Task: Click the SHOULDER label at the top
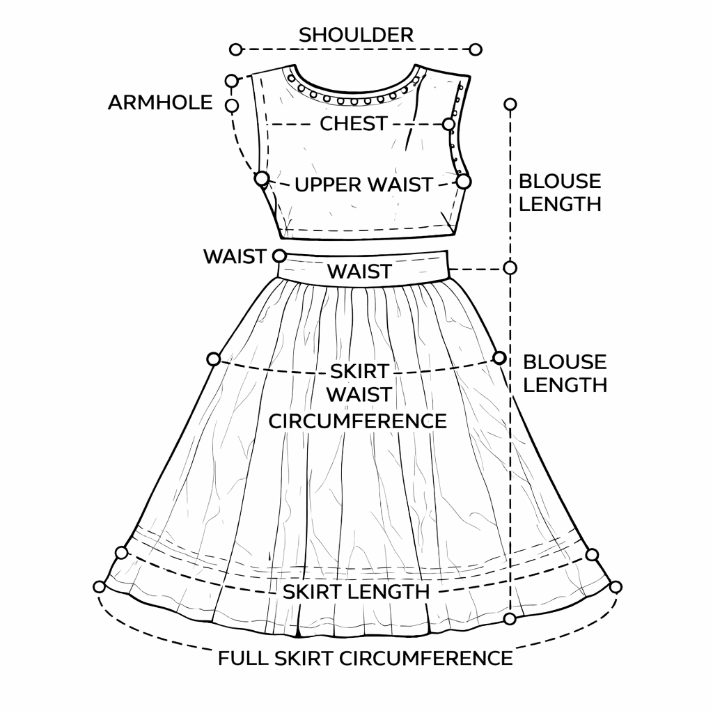[x=356, y=34]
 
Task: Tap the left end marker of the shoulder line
[x=235, y=49]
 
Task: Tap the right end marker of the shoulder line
[x=476, y=49]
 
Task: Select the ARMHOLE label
[x=160, y=103]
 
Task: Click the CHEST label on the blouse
[x=353, y=124]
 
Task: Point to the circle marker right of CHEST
[x=448, y=124]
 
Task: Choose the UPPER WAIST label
[x=363, y=185]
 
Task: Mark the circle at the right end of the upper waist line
[x=464, y=181]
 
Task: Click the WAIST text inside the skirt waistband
[x=359, y=272]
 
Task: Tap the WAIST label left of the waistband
[x=234, y=256]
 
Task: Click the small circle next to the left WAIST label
[x=279, y=256]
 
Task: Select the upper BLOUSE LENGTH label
[x=560, y=192]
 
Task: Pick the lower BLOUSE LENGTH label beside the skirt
[x=565, y=373]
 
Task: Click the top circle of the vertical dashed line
[x=510, y=104]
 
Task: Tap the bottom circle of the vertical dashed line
[x=510, y=618]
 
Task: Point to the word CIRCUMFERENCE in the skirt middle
[x=358, y=421]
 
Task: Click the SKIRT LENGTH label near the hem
[x=356, y=592]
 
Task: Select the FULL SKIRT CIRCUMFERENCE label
[x=366, y=658]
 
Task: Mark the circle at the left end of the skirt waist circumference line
[x=214, y=359]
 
